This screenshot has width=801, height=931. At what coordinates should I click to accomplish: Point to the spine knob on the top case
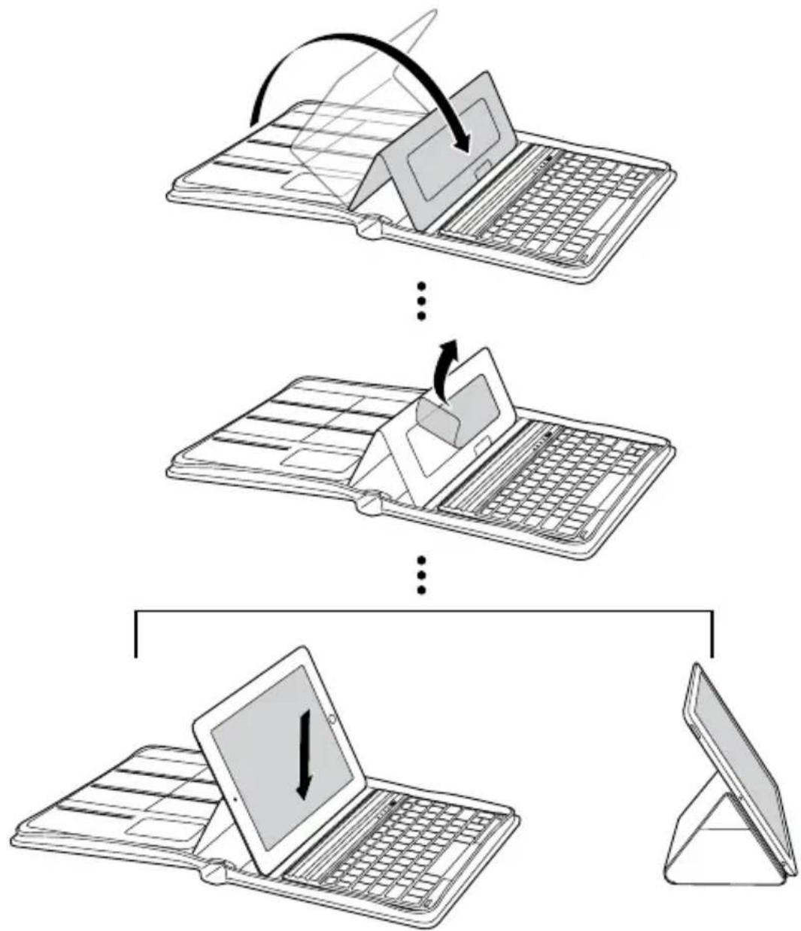coord(371,227)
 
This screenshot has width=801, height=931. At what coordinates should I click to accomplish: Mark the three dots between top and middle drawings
coord(422,300)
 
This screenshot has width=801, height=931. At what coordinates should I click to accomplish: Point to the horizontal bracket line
coord(422,611)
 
